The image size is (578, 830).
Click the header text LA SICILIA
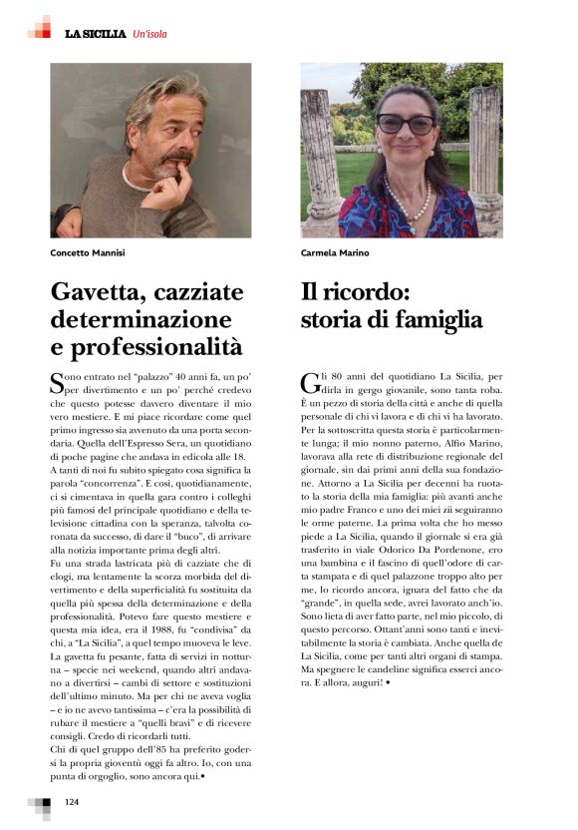click(x=96, y=34)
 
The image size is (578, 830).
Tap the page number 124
click(x=72, y=802)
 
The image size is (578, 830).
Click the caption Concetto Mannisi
click(x=88, y=253)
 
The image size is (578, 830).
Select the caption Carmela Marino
click(x=335, y=253)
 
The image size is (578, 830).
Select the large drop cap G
click(x=309, y=382)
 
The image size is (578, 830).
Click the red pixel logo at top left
click(x=40, y=28)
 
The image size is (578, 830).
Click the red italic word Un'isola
click(x=149, y=34)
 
